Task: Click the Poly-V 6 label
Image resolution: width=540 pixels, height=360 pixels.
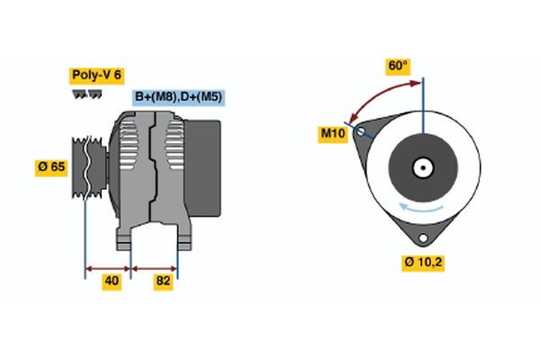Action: tap(95, 76)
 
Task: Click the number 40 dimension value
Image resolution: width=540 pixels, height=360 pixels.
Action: tap(112, 282)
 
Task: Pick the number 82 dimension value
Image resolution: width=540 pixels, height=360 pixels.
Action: tap(163, 282)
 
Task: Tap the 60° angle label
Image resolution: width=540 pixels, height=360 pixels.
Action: tap(398, 66)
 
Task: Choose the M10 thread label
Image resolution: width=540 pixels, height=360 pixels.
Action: tap(335, 134)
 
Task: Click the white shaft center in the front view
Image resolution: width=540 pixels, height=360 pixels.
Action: tap(422, 166)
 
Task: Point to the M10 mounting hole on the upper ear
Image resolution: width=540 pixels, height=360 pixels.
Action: tap(361, 131)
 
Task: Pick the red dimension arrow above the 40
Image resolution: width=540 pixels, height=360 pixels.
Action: tap(108, 267)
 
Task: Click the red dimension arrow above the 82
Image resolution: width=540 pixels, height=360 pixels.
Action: tap(155, 267)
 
